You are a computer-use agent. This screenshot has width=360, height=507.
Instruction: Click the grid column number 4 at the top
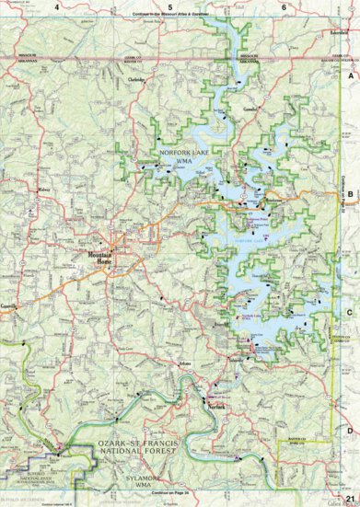56,6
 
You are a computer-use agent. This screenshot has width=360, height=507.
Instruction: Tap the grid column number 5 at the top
144,6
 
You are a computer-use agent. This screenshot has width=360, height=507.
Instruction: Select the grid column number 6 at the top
283,6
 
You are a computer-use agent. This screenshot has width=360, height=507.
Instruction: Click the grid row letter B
350,194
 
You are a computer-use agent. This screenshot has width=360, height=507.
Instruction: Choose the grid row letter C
350,311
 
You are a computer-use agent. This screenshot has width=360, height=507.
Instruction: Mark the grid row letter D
350,429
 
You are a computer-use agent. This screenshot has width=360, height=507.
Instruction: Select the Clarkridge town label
137,80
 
